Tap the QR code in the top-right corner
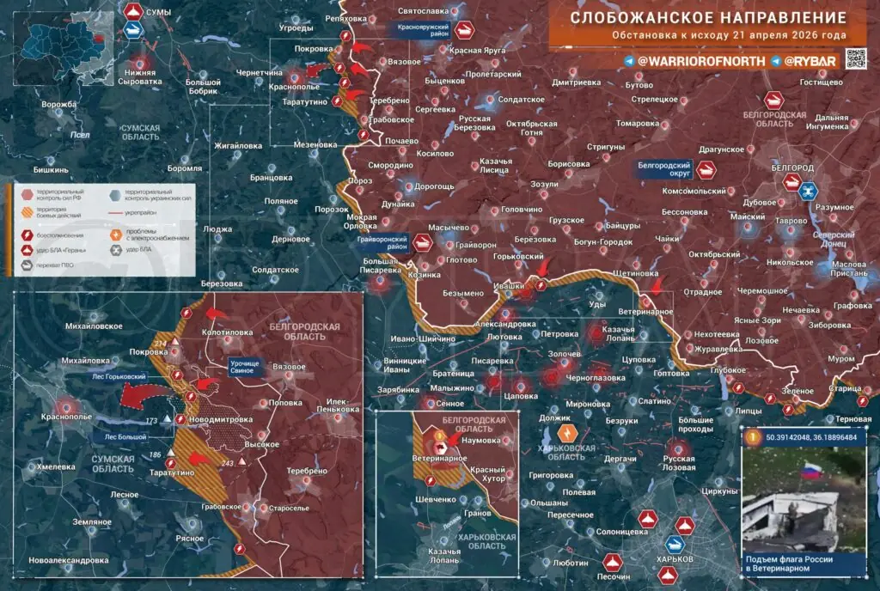[x=858, y=60]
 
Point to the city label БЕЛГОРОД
[x=792, y=167]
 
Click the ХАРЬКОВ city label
[x=674, y=559]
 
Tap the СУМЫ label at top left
[x=158, y=11]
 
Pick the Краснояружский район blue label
[x=425, y=28]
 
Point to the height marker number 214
[x=159, y=344]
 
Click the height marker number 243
[x=228, y=464]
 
